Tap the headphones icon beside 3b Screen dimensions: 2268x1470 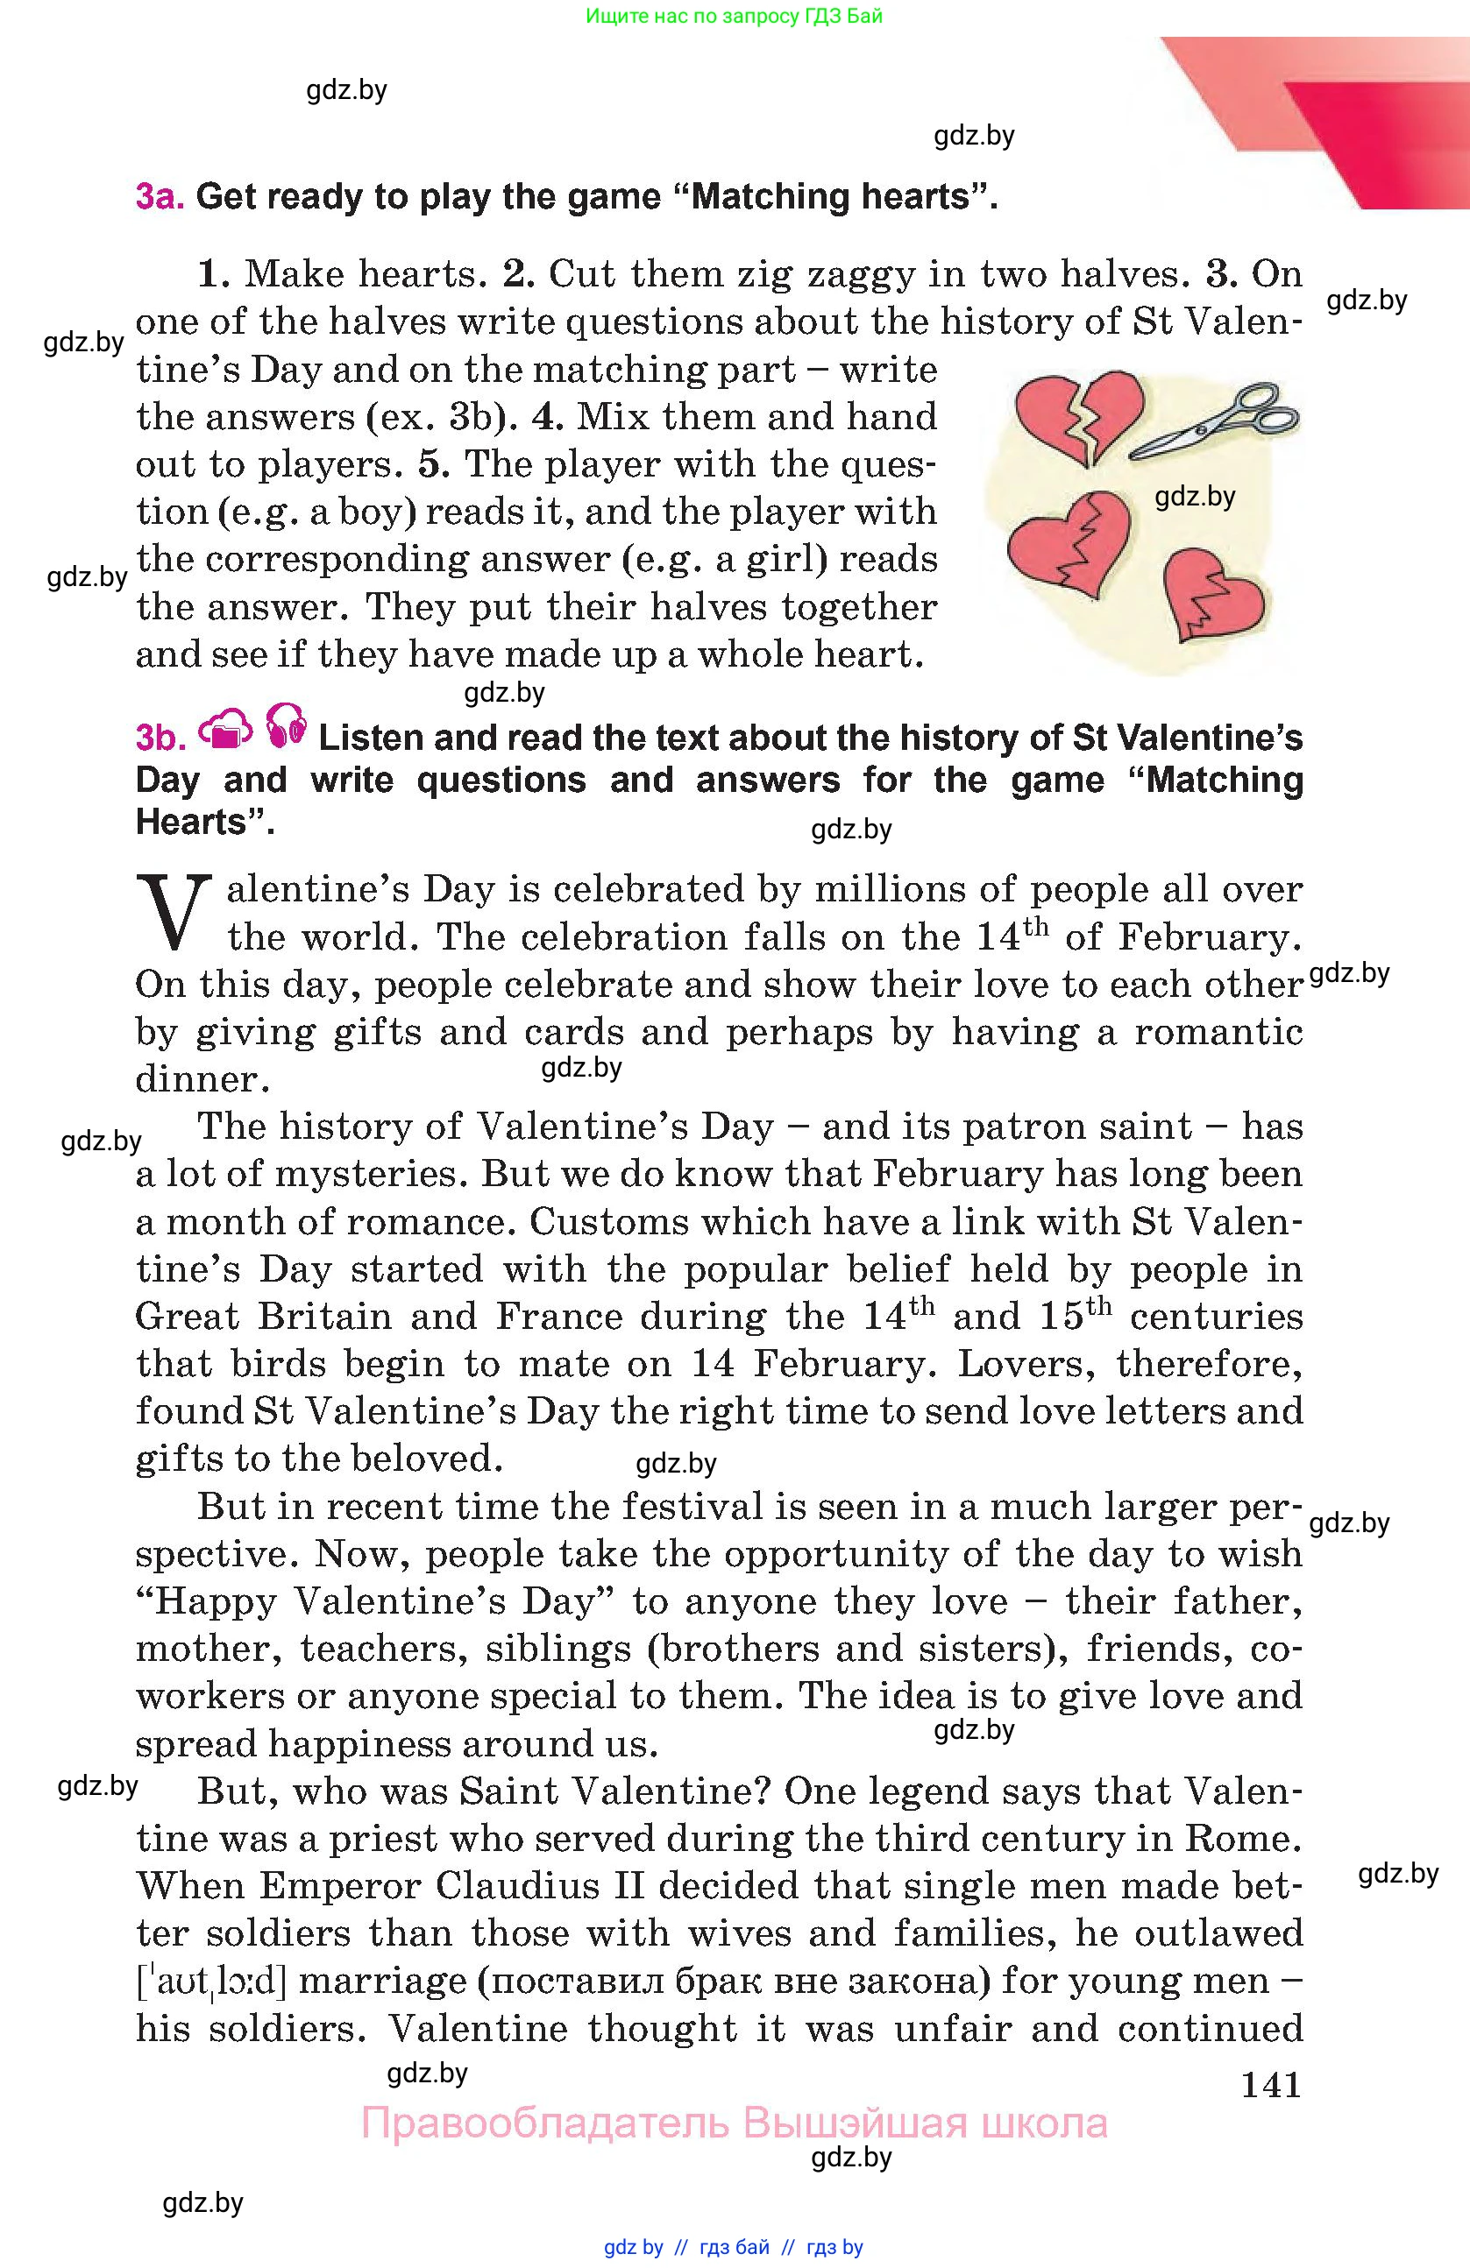tap(285, 724)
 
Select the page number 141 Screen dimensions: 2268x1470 tap(1271, 2085)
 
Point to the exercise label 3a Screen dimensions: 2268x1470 tap(160, 196)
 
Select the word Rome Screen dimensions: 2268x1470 tap(1248, 1838)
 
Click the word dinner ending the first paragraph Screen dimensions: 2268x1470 tap(201, 1078)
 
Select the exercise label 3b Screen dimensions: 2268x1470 tap(160, 738)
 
